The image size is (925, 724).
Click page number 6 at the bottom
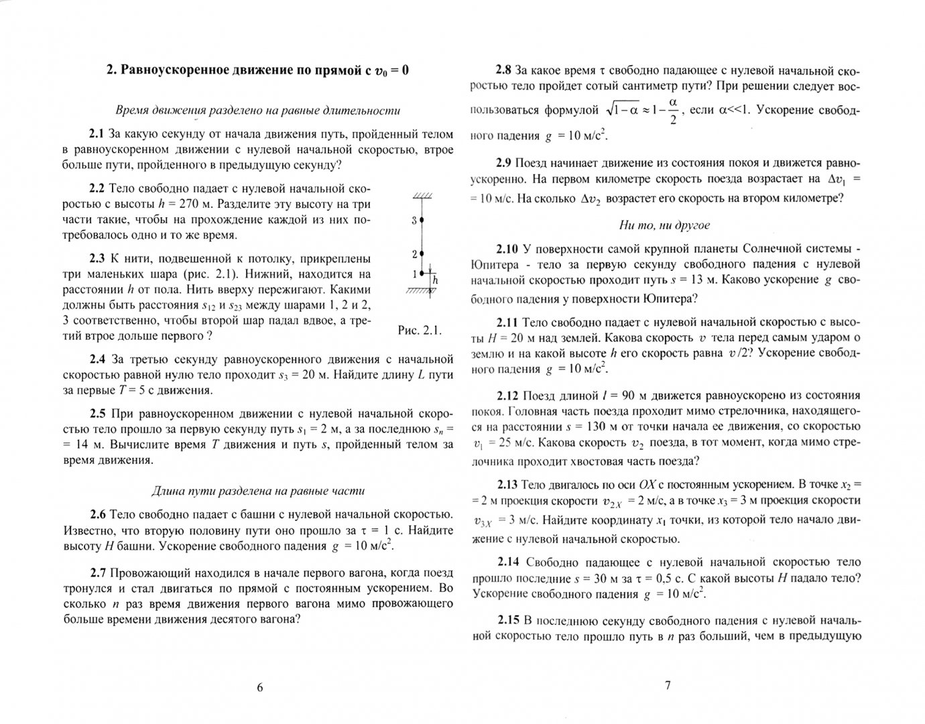tap(260, 686)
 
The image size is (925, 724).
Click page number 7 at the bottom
tap(667, 685)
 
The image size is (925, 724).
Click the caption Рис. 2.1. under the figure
tap(420, 330)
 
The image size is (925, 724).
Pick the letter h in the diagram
tap(434, 280)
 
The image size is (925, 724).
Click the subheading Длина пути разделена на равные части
tap(258, 491)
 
